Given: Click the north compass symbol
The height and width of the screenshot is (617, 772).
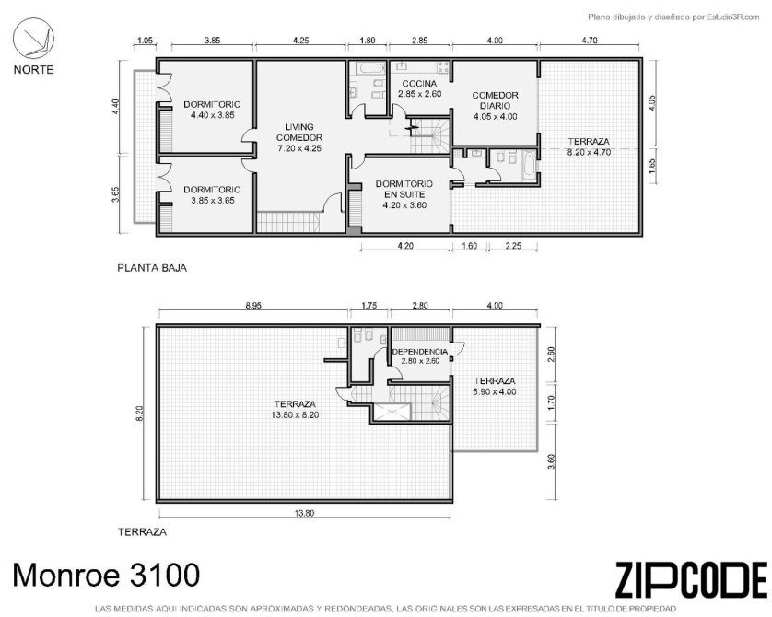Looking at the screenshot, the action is pos(33,39).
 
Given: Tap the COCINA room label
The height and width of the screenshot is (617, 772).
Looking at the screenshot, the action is pos(419,84).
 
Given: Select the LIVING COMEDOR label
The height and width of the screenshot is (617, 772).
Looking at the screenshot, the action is pos(299,133).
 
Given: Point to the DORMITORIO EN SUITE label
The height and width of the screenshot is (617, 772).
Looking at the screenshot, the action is pos(404,189).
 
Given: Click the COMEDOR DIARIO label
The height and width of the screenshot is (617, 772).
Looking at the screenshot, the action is pos(495,100).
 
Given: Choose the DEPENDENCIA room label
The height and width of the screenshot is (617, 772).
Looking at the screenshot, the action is pos(420,352).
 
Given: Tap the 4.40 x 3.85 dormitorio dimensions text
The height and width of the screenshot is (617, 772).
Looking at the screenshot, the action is pos(212,115).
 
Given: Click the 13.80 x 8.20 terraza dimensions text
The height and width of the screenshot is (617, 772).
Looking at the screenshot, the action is pos(295,414).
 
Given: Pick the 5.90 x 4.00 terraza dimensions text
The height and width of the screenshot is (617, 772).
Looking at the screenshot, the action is pos(495,391).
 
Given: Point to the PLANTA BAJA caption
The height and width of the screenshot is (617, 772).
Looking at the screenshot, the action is pos(152,268).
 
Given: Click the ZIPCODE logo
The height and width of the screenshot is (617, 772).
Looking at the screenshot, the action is pos(691,580).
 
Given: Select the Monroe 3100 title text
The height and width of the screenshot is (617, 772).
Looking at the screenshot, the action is pos(106,575).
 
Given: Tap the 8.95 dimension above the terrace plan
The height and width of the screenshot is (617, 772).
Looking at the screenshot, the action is pos(253,306).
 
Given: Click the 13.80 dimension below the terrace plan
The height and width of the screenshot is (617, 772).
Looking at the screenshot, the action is pos(304,513).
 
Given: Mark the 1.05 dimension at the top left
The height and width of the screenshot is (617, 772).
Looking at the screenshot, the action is pos(145,41).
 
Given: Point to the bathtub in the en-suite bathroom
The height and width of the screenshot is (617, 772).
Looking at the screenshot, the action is pos(528,165).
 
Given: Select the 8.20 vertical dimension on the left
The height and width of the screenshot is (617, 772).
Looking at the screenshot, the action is pos(139,413).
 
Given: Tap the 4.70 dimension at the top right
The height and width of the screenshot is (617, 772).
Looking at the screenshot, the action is pos(590,41).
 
